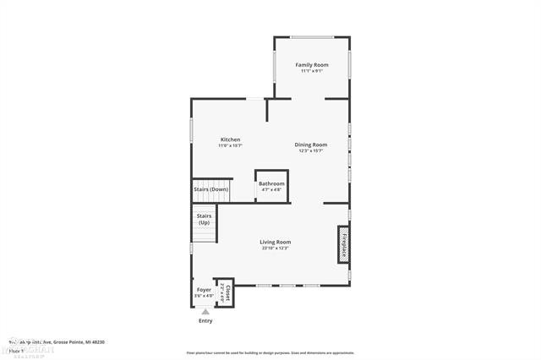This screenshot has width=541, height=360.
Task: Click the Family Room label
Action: pyautogui.click(x=311, y=65)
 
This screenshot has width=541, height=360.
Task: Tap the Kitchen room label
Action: pyautogui.click(x=231, y=139)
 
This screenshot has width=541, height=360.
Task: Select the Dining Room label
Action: pyautogui.click(x=311, y=145)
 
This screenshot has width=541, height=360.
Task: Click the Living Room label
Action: pyautogui.click(x=276, y=242)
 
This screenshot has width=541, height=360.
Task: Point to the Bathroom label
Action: pyautogui.click(x=271, y=183)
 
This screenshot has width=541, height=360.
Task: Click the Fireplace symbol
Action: pyautogui.click(x=344, y=245)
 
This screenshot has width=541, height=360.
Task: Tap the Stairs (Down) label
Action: pyautogui.click(x=211, y=189)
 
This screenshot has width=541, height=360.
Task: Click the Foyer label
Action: pyautogui.click(x=204, y=290)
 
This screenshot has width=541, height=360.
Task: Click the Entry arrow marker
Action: pyautogui.click(x=205, y=312)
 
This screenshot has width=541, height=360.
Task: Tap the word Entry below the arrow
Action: pyautogui.click(x=205, y=321)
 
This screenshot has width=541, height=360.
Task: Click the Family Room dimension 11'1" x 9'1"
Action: pyautogui.click(x=311, y=71)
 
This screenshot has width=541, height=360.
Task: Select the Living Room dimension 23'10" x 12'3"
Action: pyautogui.click(x=276, y=248)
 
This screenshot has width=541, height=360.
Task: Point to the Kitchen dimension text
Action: pyautogui.click(x=231, y=146)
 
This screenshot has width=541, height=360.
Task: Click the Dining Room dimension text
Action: pyautogui.click(x=311, y=151)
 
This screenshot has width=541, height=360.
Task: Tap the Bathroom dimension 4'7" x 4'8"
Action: pyautogui.click(x=271, y=189)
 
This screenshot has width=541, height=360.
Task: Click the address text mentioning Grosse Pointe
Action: pyautogui.click(x=59, y=341)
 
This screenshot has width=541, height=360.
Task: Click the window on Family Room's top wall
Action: pyautogui.click(x=311, y=37)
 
